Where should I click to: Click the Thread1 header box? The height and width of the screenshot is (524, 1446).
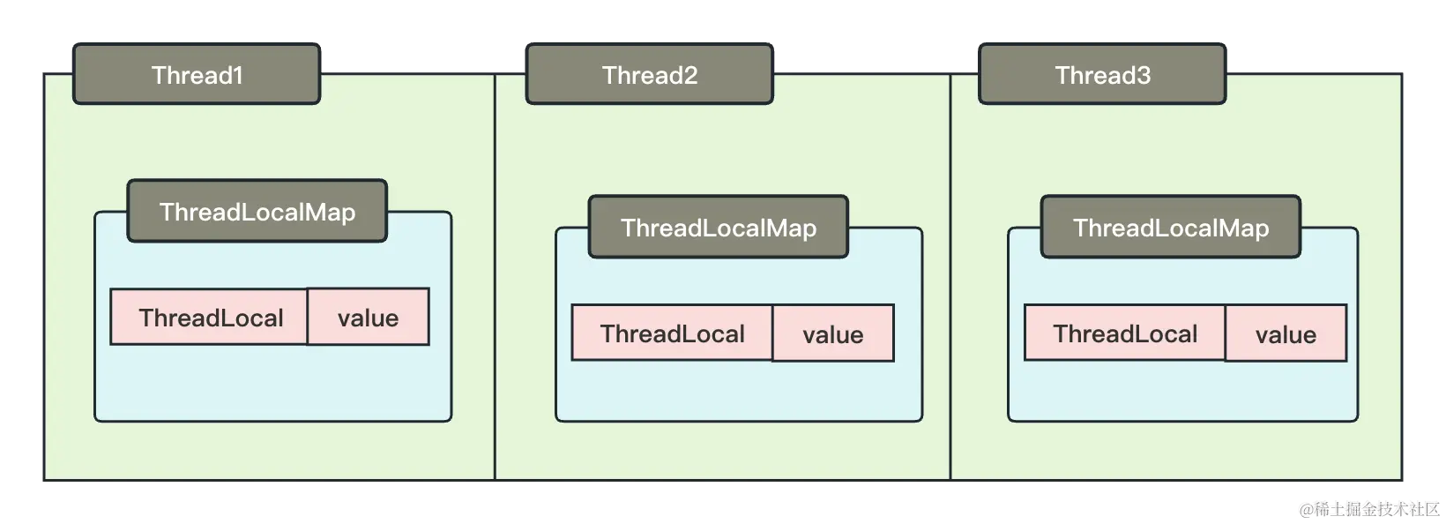pyautogui.click(x=197, y=75)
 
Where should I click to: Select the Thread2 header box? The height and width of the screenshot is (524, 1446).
pyautogui.click(x=650, y=75)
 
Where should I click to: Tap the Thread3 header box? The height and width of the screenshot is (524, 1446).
pyautogui.click(x=1102, y=75)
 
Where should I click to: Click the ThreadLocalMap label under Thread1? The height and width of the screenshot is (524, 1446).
pyautogui.click(x=257, y=212)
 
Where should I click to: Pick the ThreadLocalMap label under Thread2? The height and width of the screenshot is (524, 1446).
pyautogui.click(x=719, y=228)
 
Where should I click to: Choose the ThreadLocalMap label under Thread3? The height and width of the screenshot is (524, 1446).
pyautogui.click(x=1171, y=228)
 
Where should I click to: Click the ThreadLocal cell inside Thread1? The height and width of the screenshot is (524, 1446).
pyautogui.click(x=210, y=317)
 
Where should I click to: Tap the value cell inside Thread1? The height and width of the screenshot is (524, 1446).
pyautogui.click(x=369, y=317)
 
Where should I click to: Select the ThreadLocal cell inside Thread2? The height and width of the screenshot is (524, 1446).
pyautogui.click(x=672, y=333)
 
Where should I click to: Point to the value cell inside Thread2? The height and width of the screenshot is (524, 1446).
pyautogui.click(x=833, y=333)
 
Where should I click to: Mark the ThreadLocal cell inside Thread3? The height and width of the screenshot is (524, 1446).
pyautogui.click(x=1125, y=333)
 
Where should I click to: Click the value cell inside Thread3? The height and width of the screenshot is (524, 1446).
pyautogui.click(x=1286, y=333)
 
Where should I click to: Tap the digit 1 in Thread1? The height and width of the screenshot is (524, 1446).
pyautogui.click(x=237, y=75)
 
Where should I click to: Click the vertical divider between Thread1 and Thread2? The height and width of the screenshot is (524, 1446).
pyautogui.click(x=495, y=282)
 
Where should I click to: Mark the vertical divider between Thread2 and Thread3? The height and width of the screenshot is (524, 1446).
pyautogui.click(x=950, y=282)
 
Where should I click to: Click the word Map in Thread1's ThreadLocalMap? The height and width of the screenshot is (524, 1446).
pyautogui.click(x=332, y=212)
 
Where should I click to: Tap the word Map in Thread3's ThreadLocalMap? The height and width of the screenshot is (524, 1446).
pyautogui.click(x=1245, y=228)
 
